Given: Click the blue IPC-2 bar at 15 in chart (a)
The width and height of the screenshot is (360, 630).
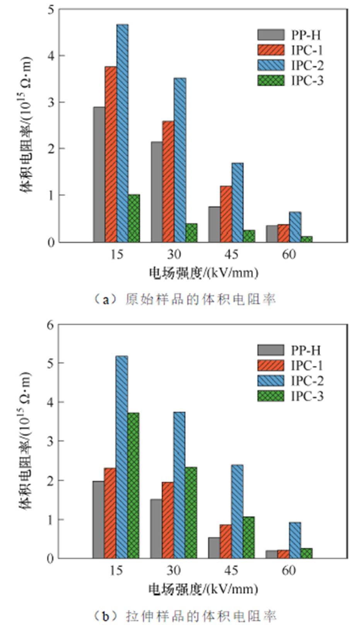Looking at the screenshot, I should point(122,133).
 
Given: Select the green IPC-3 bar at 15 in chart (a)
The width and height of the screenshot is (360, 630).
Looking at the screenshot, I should point(134,218).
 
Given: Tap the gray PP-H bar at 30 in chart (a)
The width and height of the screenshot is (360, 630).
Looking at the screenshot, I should point(157,192).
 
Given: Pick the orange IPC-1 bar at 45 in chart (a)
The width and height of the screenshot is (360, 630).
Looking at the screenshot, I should point(226,214).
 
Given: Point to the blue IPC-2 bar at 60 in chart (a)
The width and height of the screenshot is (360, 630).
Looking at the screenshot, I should point(295,227).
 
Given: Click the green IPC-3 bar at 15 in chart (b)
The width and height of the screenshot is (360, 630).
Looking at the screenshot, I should point(133,485).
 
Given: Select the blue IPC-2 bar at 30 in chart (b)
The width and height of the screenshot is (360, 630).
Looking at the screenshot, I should point(179,485).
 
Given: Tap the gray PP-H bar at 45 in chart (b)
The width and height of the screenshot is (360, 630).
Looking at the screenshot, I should point(214,548).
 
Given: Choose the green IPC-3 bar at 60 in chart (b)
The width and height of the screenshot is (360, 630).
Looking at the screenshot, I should point(306,553).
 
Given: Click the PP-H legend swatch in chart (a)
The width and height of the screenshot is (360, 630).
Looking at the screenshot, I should point(271,35).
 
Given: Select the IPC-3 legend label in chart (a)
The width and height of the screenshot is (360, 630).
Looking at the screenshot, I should point(307,80).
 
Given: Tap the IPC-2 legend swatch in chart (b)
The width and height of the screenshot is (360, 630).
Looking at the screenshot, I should point(271,381).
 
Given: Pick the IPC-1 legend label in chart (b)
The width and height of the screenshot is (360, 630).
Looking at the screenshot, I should point(307,365).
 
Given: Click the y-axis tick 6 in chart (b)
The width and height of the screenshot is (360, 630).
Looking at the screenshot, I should point(50,325).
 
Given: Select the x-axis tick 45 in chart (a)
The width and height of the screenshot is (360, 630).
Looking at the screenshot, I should point(231,254).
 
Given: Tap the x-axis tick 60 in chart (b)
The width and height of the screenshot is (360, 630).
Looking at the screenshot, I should point(289,570).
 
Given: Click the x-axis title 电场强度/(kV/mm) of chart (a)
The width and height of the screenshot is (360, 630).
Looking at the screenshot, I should point(203,273).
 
